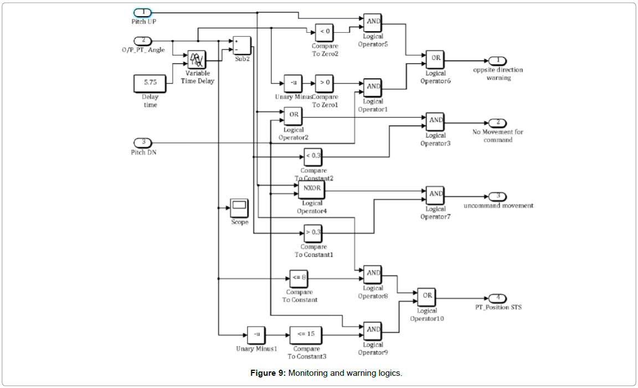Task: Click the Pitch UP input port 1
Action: [x=142, y=13]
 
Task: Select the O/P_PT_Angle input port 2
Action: [x=142, y=40]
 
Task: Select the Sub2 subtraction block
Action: [x=241, y=45]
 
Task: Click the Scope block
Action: [x=239, y=208]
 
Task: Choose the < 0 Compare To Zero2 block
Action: [x=325, y=32]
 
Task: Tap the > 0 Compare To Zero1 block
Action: [x=325, y=84]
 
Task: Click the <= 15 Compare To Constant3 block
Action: [x=306, y=335]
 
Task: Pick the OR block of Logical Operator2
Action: [x=294, y=115]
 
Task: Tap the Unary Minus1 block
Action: [x=257, y=335]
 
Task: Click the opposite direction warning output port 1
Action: [x=498, y=60]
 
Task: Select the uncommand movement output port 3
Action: [x=498, y=196]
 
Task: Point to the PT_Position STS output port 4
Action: [x=498, y=298]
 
